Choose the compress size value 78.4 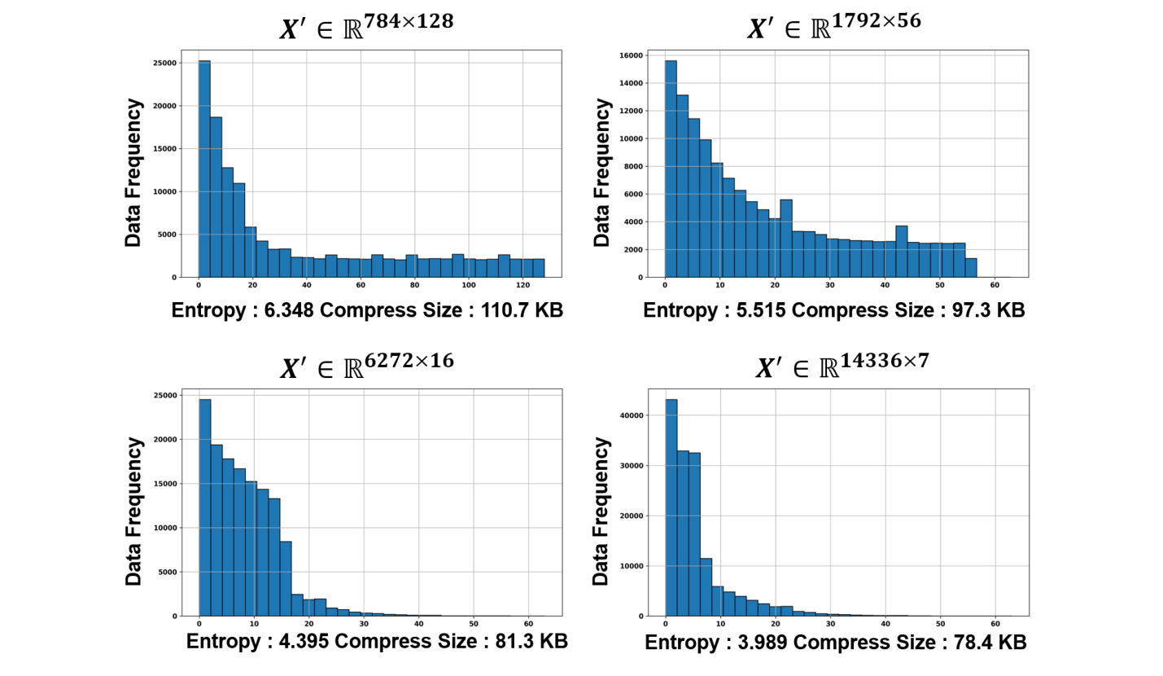point(972,643)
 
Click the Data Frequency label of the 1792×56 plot point(602,173)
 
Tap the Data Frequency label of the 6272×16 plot point(134,511)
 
